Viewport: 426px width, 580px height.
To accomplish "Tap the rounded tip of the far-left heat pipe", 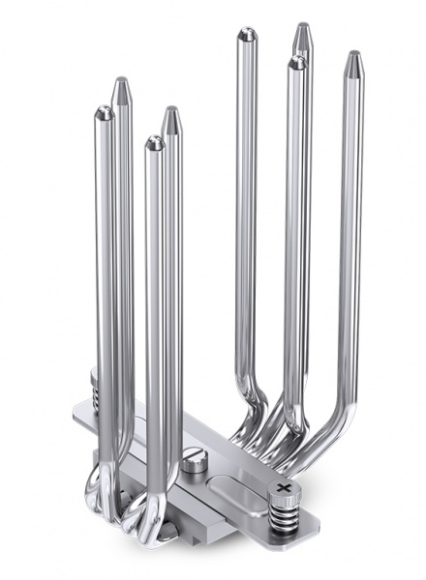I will (104, 114).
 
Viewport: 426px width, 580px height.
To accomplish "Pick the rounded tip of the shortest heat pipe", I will (155, 143).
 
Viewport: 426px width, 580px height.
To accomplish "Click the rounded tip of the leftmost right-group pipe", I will (247, 36).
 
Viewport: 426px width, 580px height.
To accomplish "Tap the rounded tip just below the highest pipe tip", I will (296, 63).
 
